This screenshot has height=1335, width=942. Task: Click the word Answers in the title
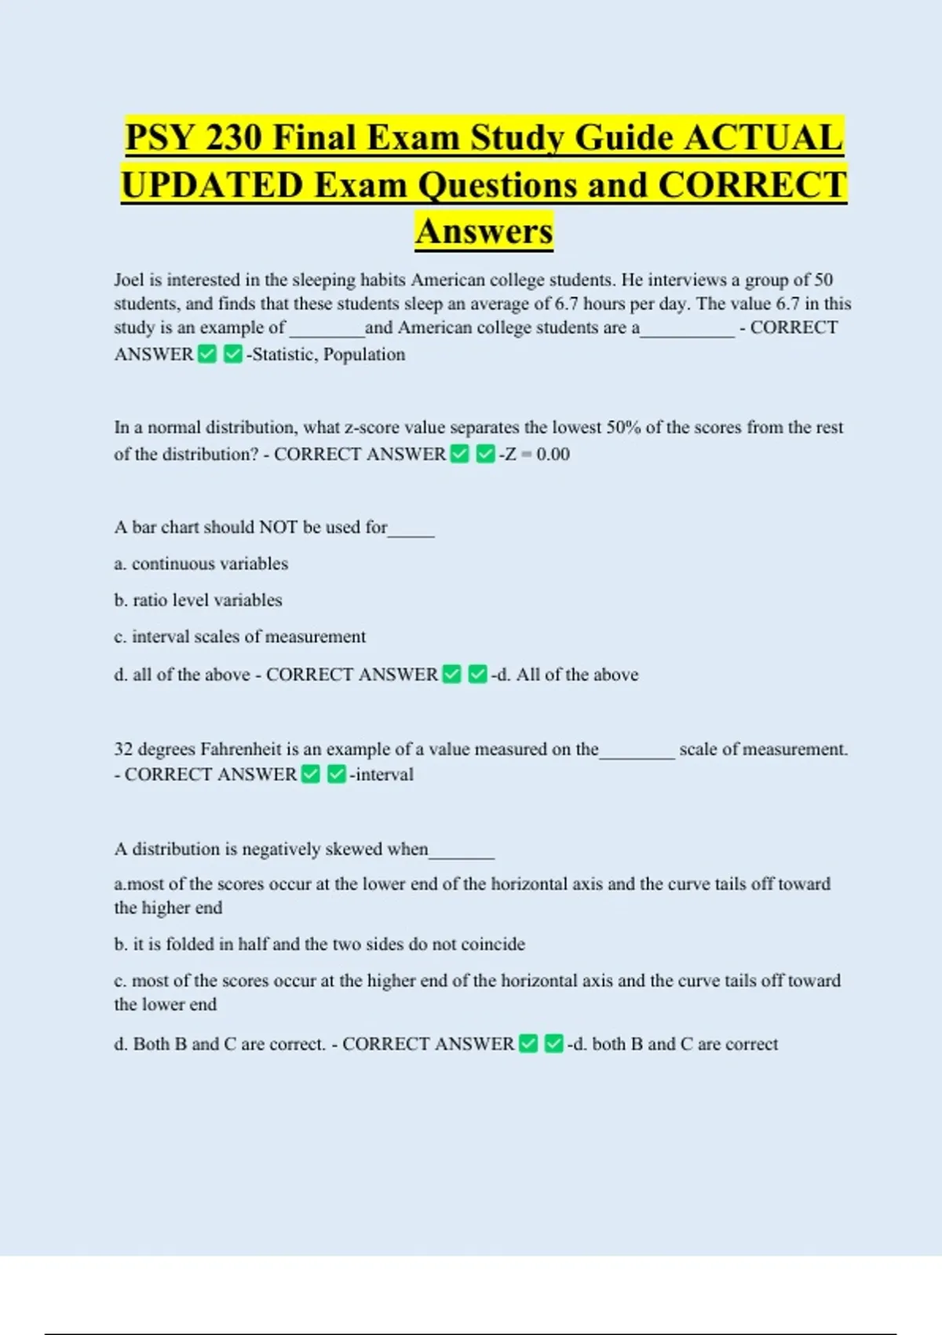click(484, 231)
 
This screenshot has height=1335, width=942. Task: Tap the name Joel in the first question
click(129, 280)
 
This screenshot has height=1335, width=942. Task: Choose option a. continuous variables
click(201, 563)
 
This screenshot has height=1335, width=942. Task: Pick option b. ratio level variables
click(198, 600)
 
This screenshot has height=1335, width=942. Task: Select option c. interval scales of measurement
click(239, 636)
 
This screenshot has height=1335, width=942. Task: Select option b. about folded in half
click(319, 944)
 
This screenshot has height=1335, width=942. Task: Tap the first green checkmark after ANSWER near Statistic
click(207, 355)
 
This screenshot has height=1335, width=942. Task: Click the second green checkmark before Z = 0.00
click(485, 454)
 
